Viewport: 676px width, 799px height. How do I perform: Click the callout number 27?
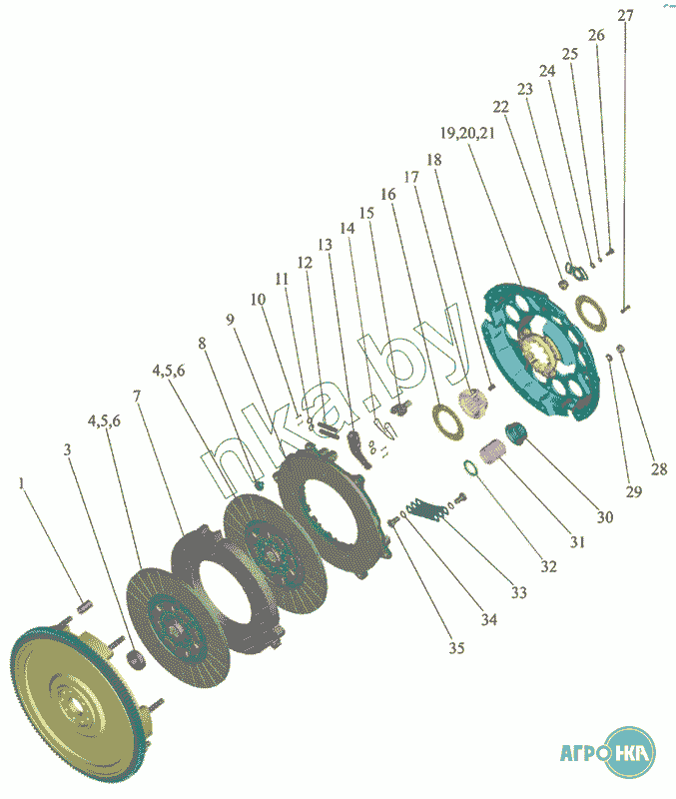coord(625,15)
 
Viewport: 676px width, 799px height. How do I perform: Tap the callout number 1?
coord(20,483)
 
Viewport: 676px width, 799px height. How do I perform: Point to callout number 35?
coord(455,648)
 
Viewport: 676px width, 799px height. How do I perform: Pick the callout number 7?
coord(136,397)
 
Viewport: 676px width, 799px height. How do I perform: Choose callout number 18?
coord(433,160)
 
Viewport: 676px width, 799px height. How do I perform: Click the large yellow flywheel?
coord(74,698)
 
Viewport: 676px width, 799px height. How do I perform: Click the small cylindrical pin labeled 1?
coord(86,605)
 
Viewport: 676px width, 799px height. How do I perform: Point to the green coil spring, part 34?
coord(426,510)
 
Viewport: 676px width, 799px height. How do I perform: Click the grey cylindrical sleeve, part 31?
coord(489,454)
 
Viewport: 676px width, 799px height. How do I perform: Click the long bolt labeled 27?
coord(624,306)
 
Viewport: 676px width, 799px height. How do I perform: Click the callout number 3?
coord(67,450)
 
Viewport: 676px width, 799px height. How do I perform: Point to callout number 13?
coord(325,244)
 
